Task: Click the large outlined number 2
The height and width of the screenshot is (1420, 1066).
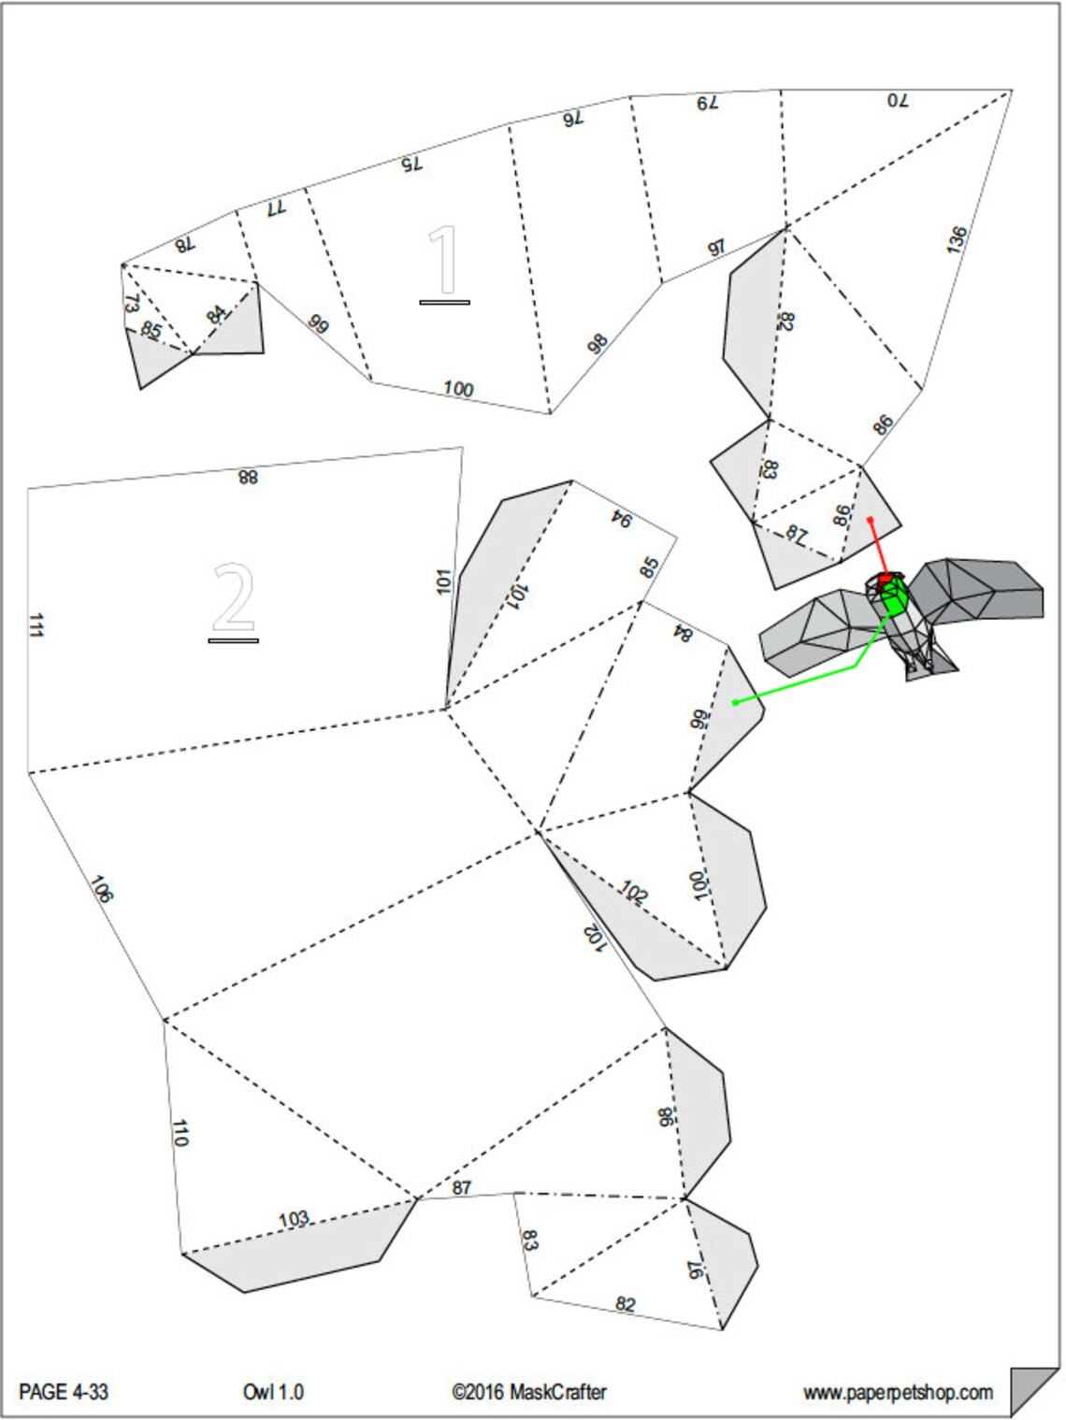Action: point(233,596)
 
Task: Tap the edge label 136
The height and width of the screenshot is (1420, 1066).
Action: point(957,240)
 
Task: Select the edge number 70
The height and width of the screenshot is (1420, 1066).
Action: point(897,100)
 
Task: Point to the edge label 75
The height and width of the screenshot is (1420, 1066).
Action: point(411,164)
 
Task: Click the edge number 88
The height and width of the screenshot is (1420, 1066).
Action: point(248,478)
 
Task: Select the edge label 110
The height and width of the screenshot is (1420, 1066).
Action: point(180,1133)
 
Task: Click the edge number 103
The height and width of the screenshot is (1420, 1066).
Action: point(294,1219)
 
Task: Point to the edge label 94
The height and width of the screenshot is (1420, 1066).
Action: point(621,518)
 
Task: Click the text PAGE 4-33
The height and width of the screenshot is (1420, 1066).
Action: point(64,1391)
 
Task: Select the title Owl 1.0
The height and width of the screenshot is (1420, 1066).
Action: point(273,1391)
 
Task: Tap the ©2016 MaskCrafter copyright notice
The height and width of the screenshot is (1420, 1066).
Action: point(529,1391)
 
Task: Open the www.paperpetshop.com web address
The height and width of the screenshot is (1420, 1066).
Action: point(898,1392)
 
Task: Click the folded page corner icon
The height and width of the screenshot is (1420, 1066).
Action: point(1033,1391)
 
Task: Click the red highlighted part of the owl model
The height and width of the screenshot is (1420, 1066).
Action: point(886,577)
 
